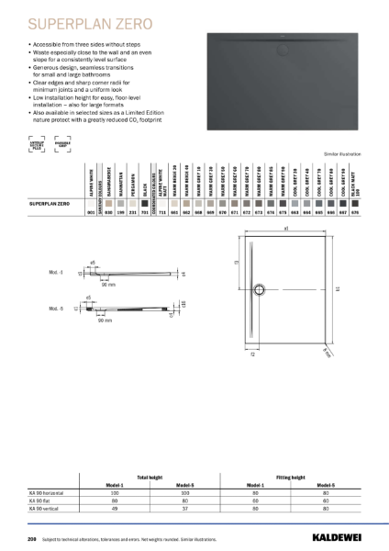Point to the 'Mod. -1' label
pos(57,273)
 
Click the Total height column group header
pos(149,478)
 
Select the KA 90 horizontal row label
pos(50,494)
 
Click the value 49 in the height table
pos(115,508)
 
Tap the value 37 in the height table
pos(183,508)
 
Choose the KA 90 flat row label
pos(42,501)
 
